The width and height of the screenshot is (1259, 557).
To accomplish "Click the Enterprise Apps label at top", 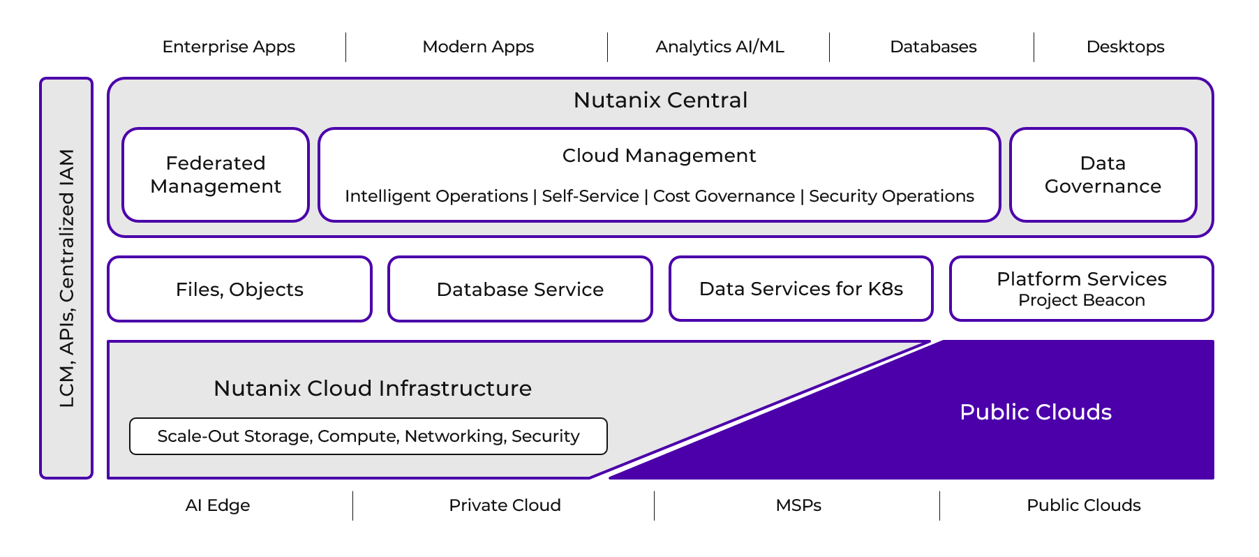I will [x=228, y=47].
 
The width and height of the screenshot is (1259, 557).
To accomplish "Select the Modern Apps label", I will [x=478, y=47].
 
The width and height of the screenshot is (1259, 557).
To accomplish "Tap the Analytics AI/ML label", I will [x=720, y=47].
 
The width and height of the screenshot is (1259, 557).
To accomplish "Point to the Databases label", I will [x=933, y=47].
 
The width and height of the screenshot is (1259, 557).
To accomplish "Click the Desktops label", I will [x=1125, y=47].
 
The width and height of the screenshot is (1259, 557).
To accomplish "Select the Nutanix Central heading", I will [x=660, y=100].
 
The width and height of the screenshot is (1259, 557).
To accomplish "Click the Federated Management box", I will [x=216, y=174].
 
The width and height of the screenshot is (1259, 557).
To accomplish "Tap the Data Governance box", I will [x=1103, y=174].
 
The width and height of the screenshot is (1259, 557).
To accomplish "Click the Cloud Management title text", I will [x=659, y=155].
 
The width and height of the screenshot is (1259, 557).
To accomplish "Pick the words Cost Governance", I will [x=724, y=196].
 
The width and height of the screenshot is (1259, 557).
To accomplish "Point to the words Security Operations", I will [x=891, y=196].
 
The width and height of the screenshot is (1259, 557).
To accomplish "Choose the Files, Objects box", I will [x=239, y=289].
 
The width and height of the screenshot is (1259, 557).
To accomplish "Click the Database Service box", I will [x=520, y=289].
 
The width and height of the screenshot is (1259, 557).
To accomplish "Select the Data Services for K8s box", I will [x=800, y=289].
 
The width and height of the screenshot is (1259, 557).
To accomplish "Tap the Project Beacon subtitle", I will [x=1081, y=300].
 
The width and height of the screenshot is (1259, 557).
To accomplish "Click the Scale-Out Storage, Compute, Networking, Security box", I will [x=368, y=436].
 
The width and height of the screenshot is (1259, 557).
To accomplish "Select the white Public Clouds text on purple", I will [x=1035, y=412].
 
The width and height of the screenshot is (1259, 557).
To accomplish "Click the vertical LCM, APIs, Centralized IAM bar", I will [x=66, y=278].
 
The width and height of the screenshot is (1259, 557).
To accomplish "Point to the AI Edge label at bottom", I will [x=217, y=505].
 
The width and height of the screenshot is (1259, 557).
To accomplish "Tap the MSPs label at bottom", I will [x=798, y=505].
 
